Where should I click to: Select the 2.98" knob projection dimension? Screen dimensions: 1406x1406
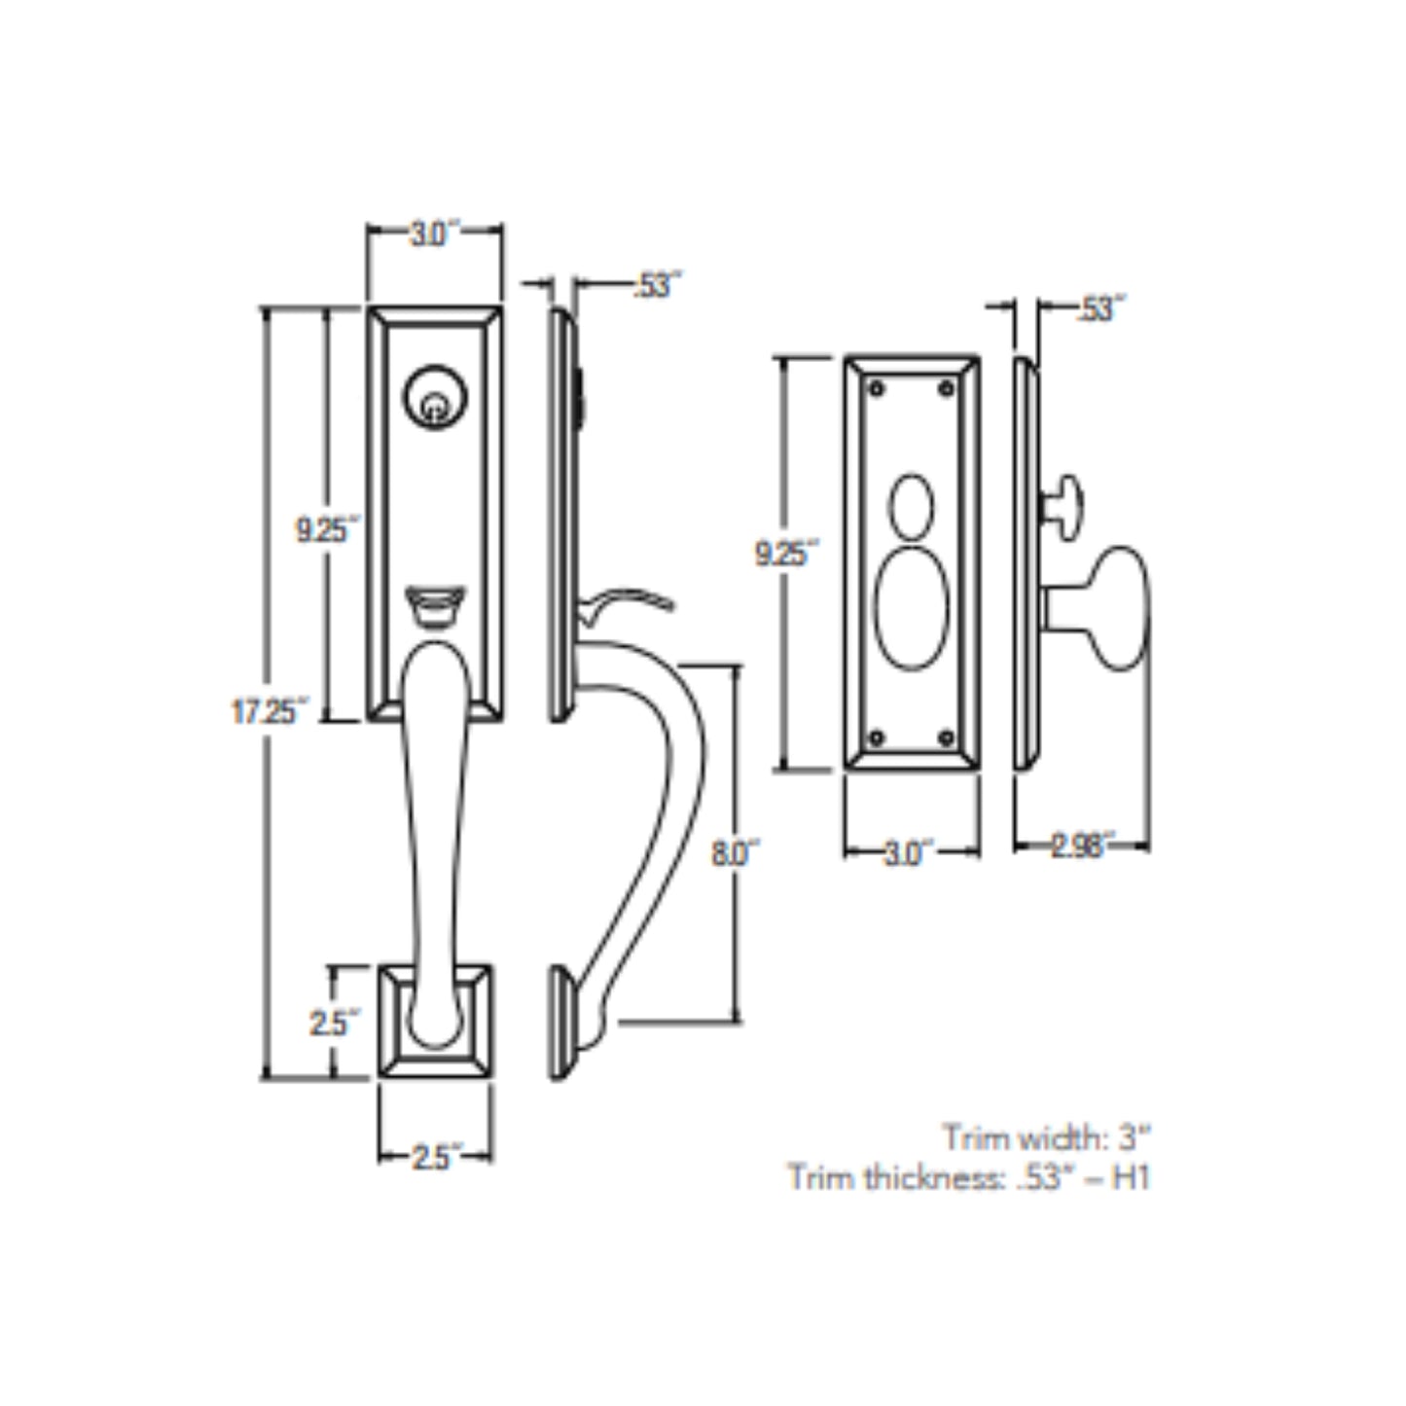pos(1081,846)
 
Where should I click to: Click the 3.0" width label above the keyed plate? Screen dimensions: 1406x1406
pos(433,234)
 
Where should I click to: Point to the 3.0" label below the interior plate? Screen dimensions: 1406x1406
pos(910,853)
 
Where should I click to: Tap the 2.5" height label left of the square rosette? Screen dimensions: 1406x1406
pos(334,1024)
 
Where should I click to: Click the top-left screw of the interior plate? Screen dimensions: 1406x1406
pos(877,388)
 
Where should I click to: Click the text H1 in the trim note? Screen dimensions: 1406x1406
pos(1131,1178)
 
